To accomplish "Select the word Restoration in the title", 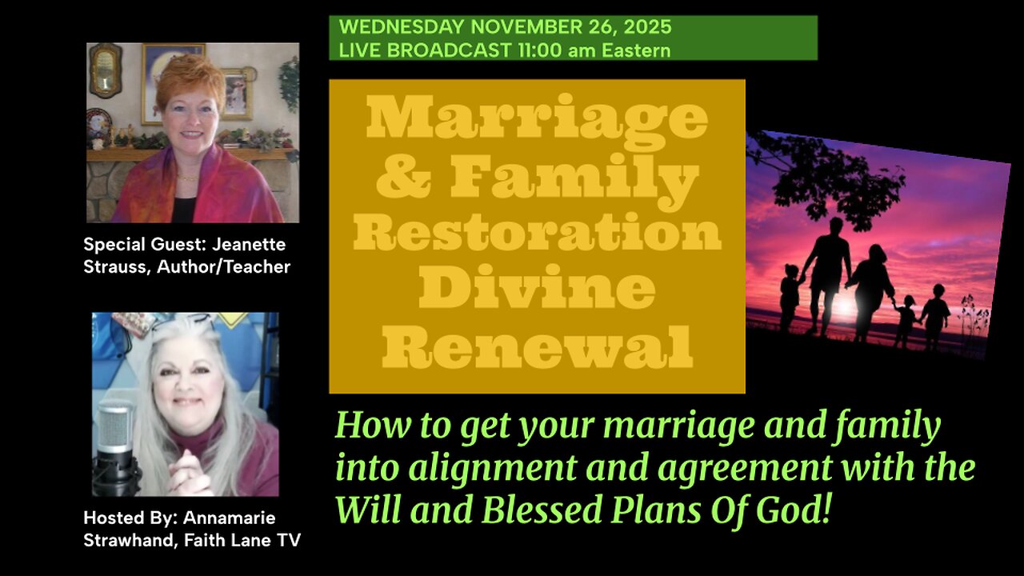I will (537, 234).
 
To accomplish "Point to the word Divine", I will (537, 290).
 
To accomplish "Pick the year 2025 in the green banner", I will (646, 26).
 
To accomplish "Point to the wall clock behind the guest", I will (104, 70).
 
